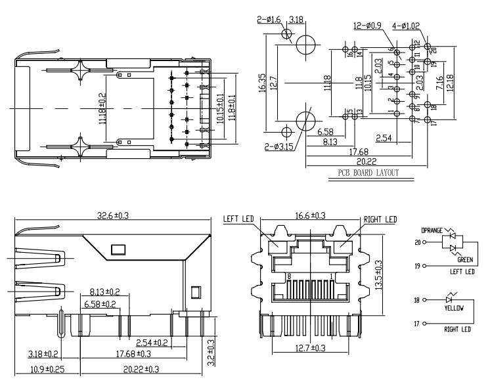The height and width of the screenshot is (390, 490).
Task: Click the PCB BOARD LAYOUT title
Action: tap(368, 173)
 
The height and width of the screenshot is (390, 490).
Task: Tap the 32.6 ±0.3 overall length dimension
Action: tap(113, 215)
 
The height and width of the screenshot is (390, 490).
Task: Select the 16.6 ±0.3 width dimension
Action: tap(310, 215)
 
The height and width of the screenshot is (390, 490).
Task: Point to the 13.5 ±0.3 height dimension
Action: tap(378, 275)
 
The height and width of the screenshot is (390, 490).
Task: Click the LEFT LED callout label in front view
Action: tap(238, 219)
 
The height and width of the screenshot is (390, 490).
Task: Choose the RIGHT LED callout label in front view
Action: tap(380, 219)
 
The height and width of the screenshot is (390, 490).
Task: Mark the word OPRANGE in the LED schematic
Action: tap(432, 230)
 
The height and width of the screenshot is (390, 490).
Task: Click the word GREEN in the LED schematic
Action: tap(465, 259)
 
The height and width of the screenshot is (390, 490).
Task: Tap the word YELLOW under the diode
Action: tap(455, 308)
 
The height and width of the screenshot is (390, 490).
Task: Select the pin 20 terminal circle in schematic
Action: tap(424, 242)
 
